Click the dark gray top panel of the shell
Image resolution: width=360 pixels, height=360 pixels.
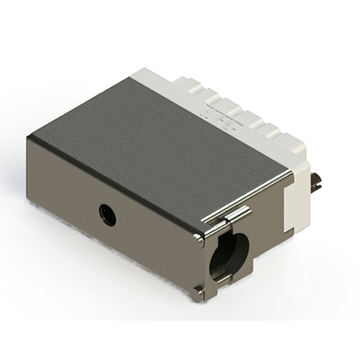[157, 135]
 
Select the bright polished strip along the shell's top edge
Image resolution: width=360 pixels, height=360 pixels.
[247, 194]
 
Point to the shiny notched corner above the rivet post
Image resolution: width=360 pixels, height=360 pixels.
[199, 240]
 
